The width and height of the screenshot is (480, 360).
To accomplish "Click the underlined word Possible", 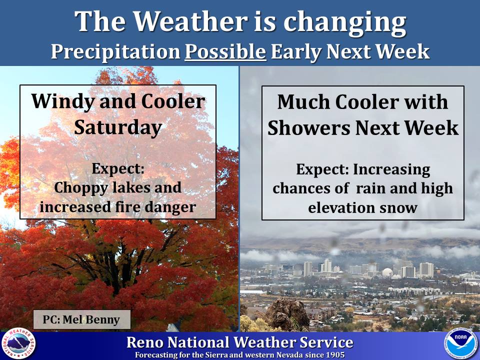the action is click(x=225, y=51).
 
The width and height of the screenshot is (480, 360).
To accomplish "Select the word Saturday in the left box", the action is click(x=118, y=127).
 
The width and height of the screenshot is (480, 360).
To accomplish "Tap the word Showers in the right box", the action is click(x=309, y=127).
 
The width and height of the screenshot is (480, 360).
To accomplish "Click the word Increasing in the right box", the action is click(x=391, y=170).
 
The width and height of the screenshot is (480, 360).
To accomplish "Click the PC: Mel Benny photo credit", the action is click(x=81, y=319).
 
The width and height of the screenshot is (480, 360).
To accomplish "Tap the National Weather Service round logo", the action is click(x=18, y=344).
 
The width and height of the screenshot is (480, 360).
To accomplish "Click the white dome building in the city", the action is click(x=387, y=273).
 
